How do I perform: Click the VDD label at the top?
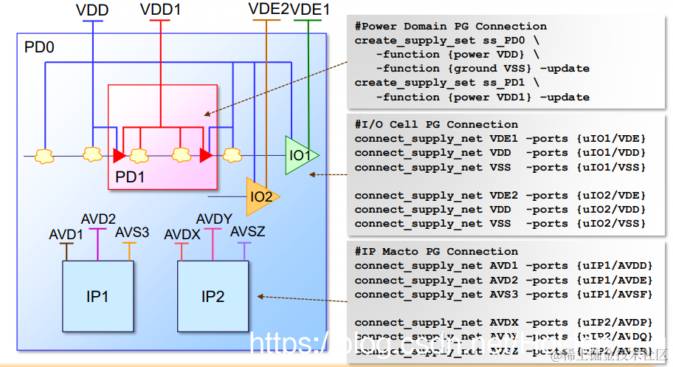[x=92, y=10]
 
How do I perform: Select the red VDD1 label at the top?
[x=161, y=10]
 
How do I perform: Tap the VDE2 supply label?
[x=269, y=9]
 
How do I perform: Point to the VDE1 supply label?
[x=311, y=9]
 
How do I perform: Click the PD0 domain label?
[x=39, y=48]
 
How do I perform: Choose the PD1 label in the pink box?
[x=130, y=177]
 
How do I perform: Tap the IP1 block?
[x=97, y=296]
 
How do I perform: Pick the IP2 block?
[x=213, y=297]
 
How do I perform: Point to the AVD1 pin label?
[x=66, y=235]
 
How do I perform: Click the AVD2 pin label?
[x=98, y=220]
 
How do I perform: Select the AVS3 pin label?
[x=131, y=233]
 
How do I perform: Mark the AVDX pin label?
[x=182, y=234]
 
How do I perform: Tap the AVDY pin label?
[x=214, y=219]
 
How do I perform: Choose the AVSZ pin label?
[x=247, y=233]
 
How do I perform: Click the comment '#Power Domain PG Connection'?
[x=450, y=27]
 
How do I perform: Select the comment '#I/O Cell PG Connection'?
[x=436, y=124]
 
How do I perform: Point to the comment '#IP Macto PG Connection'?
[x=436, y=252]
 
